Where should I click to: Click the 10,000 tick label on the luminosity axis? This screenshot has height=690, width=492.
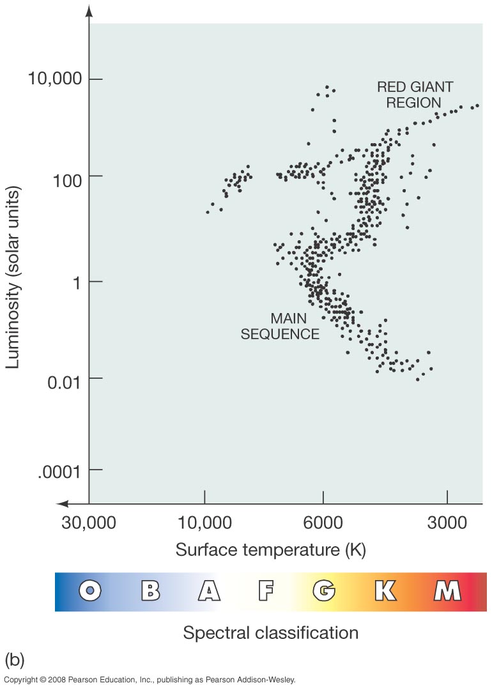56,79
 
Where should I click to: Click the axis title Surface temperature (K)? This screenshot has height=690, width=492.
271,549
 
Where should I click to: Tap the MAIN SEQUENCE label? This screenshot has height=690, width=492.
280,326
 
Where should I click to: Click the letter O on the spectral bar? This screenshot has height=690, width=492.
91,591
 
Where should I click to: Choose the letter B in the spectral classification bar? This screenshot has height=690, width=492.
150,591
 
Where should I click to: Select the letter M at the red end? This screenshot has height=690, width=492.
447,591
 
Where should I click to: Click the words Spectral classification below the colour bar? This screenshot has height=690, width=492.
270,632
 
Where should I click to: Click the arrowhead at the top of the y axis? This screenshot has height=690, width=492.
89,11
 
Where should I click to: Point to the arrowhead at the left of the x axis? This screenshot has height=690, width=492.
61,503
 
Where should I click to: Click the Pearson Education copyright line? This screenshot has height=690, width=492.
150,680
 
